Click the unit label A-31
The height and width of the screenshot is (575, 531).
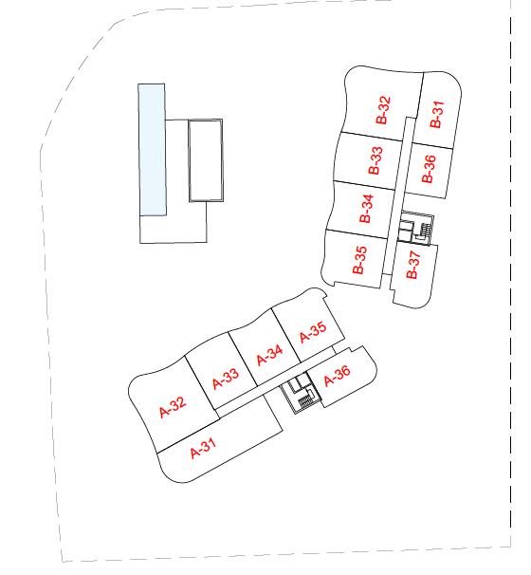click(x=203, y=448)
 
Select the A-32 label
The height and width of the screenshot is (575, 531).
click(x=173, y=407)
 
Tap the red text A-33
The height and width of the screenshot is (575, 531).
click(x=226, y=379)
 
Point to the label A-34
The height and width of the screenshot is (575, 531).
click(x=269, y=355)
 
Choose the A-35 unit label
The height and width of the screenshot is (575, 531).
click(x=313, y=332)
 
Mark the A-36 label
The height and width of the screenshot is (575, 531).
click(x=338, y=375)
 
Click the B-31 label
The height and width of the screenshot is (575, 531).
click(x=436, y=114)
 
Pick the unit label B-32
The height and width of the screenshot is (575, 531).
click(x=383, y=110)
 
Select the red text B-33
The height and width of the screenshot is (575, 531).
click(x=375, y=160)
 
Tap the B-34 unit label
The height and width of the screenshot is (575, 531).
click(x=366, y=209)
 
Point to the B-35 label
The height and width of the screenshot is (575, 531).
click(x=359, y=260)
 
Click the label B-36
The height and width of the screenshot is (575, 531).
click(x=429, y=169)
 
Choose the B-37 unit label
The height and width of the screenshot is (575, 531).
click(x=412, y=265)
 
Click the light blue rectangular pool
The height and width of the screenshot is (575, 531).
click(x=152, y=150)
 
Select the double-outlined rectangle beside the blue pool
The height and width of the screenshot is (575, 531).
click(x=206, y=160)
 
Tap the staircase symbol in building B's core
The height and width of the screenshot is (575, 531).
click(x=426, y=230)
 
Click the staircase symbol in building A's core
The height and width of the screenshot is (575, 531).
click(x=305, y=401)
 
